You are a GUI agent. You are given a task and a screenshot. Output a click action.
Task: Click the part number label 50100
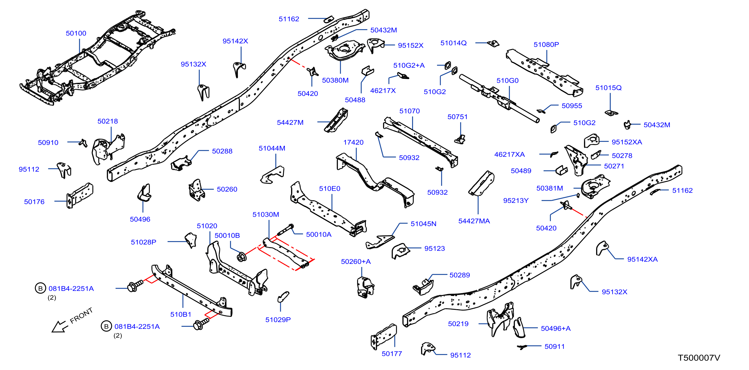click(x=76, y=33)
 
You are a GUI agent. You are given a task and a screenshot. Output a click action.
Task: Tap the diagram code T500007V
click(x=699, y=358)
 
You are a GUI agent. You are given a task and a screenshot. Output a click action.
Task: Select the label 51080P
click(x=546, y=45)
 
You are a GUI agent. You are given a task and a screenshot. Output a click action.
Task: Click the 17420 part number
click(x=353, y=142)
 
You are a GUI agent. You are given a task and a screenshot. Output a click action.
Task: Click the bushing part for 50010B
click(x=241, y=257)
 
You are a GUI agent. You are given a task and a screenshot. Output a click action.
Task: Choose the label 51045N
click(x=423, y=224)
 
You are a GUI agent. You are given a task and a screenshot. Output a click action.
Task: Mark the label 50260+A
click(x=356, y=262)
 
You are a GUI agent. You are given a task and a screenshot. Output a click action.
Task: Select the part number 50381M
click(x=550, y=188)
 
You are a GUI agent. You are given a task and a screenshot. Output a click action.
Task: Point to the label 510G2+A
click(x=409, y=66)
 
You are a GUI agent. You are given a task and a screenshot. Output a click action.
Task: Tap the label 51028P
click(x=143, y=242)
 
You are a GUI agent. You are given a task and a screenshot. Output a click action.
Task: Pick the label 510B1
click(x=181, y=314)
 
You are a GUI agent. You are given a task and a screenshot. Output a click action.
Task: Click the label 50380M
click(x=335, y=80)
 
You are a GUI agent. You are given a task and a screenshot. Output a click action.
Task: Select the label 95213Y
click(x=516, y=200)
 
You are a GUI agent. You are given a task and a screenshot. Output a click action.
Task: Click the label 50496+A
click(x=556, y=328)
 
